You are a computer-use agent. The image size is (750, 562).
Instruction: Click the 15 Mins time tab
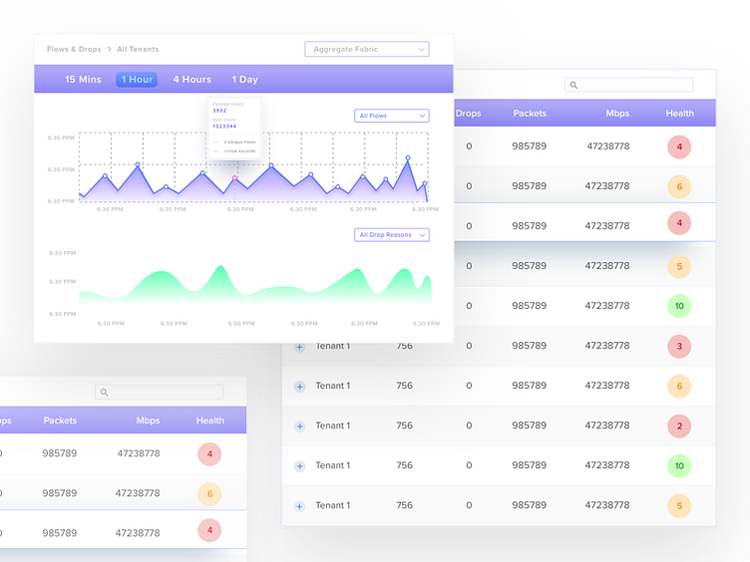83,80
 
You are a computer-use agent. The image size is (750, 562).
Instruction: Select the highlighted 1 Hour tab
137,80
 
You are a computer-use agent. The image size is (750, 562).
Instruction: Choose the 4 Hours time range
191,80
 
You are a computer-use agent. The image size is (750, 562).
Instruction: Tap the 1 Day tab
244,80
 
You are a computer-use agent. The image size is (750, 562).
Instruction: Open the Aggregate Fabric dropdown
367,49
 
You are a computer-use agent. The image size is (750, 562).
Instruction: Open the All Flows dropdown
392,116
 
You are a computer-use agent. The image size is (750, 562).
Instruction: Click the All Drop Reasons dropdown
392,235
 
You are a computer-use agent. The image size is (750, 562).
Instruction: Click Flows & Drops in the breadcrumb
74,49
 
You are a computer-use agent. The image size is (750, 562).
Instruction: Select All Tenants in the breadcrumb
138,49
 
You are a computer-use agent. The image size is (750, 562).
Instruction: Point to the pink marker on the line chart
235,178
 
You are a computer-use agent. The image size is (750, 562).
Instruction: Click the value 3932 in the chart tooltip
219,111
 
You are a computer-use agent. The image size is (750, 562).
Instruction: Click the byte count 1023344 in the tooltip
224,127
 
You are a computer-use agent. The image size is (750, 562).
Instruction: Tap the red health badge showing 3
679,346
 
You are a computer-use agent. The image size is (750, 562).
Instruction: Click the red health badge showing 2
679,425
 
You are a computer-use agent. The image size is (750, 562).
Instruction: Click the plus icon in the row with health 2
299,426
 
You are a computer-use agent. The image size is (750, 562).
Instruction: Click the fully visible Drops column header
468,114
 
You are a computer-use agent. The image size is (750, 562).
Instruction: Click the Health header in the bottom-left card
210,421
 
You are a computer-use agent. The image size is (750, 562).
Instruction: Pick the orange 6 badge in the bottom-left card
209,493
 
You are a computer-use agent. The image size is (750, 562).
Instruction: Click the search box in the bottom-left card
160,393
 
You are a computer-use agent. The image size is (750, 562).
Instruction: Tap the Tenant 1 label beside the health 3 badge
333,346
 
